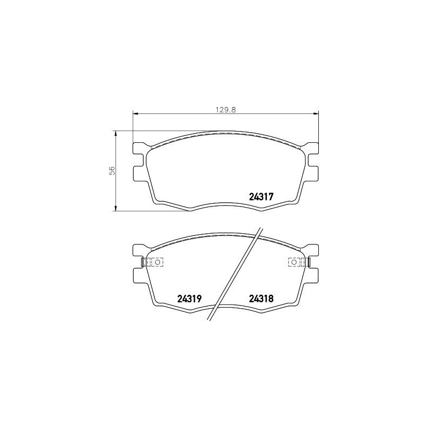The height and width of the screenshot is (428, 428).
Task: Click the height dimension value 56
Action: coord(112,170)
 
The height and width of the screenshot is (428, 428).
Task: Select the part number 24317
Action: coord(262,197)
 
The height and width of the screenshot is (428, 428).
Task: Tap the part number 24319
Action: coord(189,300)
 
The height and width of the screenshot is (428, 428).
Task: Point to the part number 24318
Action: coord(262,300)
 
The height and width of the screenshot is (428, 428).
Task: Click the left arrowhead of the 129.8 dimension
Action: coord(135,113)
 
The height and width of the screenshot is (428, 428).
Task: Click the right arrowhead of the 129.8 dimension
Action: coord(316,113)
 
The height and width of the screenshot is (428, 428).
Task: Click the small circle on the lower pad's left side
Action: coord(157,262)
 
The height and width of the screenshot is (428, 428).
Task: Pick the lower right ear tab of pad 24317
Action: coord(312,173)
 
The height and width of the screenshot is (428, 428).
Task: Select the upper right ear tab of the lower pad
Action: coord(312,250)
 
